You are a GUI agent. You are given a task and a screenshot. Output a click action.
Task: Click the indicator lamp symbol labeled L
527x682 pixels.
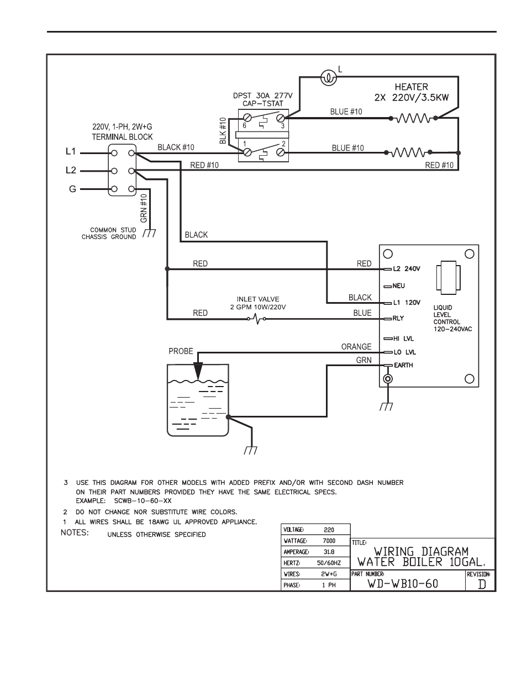click(329, 77)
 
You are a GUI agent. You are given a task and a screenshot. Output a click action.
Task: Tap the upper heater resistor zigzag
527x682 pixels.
click(413, 118)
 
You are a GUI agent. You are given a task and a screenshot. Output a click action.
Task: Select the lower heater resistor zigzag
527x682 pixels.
click(408, 152)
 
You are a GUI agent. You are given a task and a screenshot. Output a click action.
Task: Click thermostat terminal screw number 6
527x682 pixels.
click(247, 118)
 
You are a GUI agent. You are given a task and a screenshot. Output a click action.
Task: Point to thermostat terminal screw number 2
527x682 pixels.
click(280, 152)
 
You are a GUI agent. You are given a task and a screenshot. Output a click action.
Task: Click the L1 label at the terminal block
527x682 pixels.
click(71, 151)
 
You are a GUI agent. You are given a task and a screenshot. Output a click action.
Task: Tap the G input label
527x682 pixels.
click(72, 189)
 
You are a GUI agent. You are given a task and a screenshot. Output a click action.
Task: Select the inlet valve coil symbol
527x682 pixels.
click(257, 319)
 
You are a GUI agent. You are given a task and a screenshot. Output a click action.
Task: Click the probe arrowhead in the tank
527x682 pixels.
click(198, 371)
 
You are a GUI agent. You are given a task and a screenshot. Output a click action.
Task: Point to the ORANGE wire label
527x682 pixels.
click(356, 347)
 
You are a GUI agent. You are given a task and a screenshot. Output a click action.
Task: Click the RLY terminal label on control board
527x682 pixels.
click(398, 318)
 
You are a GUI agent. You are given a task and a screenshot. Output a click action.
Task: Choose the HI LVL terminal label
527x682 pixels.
click(404, 339)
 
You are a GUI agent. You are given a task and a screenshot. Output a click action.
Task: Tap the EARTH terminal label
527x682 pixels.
click(403, 365)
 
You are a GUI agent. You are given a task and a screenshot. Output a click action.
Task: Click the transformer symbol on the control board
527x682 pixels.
click(448, 278)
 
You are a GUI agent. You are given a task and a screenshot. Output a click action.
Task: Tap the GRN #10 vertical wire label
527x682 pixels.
click(144, 208)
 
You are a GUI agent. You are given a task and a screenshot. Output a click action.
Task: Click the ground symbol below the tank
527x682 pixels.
click(250, 451)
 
